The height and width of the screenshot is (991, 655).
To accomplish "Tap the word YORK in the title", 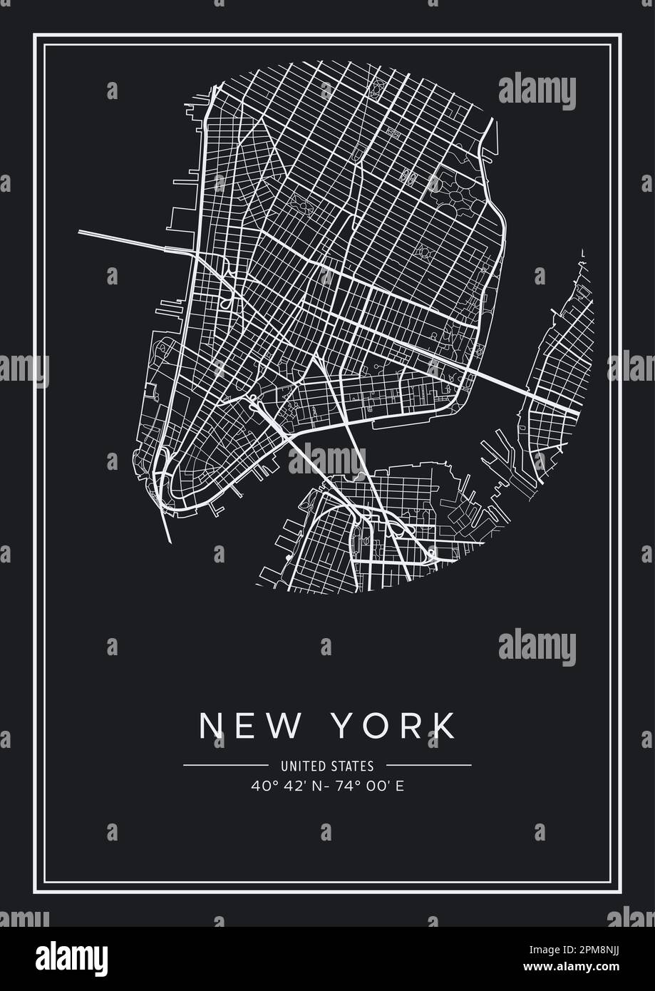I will coord(395,725).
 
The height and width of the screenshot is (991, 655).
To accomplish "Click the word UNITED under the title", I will coord(304,766).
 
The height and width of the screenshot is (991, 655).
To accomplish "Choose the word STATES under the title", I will coord(352,766).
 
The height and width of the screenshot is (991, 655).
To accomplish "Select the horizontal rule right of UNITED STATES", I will coord(428,766).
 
